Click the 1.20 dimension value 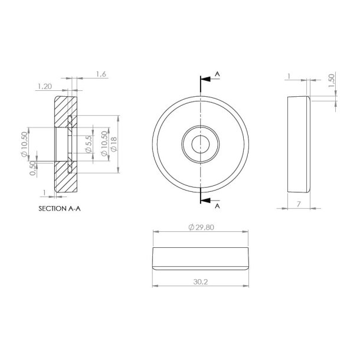(x=45, y=86)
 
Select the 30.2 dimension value (x=201, y=282)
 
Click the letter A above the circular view (x=218, y=74)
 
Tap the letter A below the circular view (x=218, y=207)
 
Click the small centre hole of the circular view (x=201, y=143)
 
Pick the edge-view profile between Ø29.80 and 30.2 (x=201, y=258)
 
